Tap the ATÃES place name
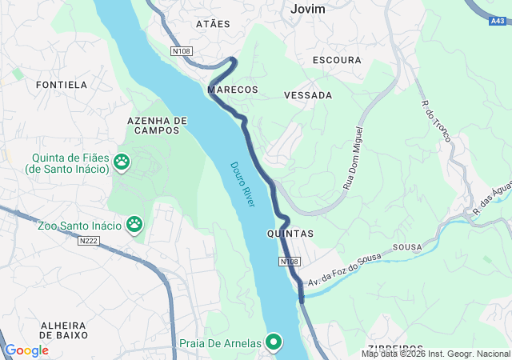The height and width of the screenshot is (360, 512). pyautogui.click(x=213, y=24)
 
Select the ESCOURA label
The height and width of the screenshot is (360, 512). pyautogui.click(x=338, y=60)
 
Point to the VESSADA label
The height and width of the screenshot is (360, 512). pyautogui.click(x=308, y=95)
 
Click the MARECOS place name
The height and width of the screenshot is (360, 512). pyautogui.click(x=233, y=90)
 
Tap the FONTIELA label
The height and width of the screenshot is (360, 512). pyautogui.click(x=62, y=84)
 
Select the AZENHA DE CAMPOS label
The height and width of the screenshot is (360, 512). pyautogui.click(x=157, y=125)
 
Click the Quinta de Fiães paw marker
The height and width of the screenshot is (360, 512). pyautogui.click(x=122, y=162)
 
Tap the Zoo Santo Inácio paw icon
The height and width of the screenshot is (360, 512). pyautogui.click(x=134, y=226)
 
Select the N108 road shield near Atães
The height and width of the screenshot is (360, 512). pyautogui.click(x=182, y=51)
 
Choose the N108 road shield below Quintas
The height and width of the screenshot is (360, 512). pyautogui.click(x=290, y=262)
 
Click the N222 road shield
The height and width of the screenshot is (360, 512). pyautogui.click(x=90, y=240)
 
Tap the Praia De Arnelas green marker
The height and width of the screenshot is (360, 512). pyautogui.click(x=274, y=342)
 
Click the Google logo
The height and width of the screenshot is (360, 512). pyautogui.click(x=26, y=350)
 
